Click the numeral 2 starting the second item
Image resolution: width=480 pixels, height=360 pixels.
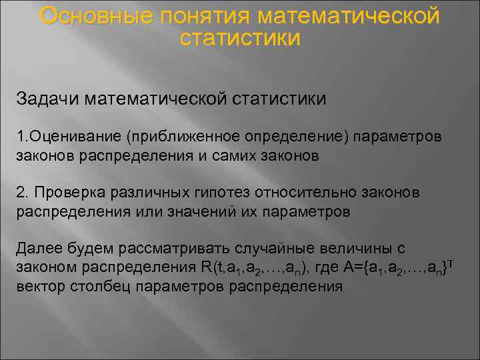(x=21, y=193)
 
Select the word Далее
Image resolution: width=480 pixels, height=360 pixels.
(x=37, y=249)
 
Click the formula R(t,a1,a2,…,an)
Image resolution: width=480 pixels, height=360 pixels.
(x=256, y=268)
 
